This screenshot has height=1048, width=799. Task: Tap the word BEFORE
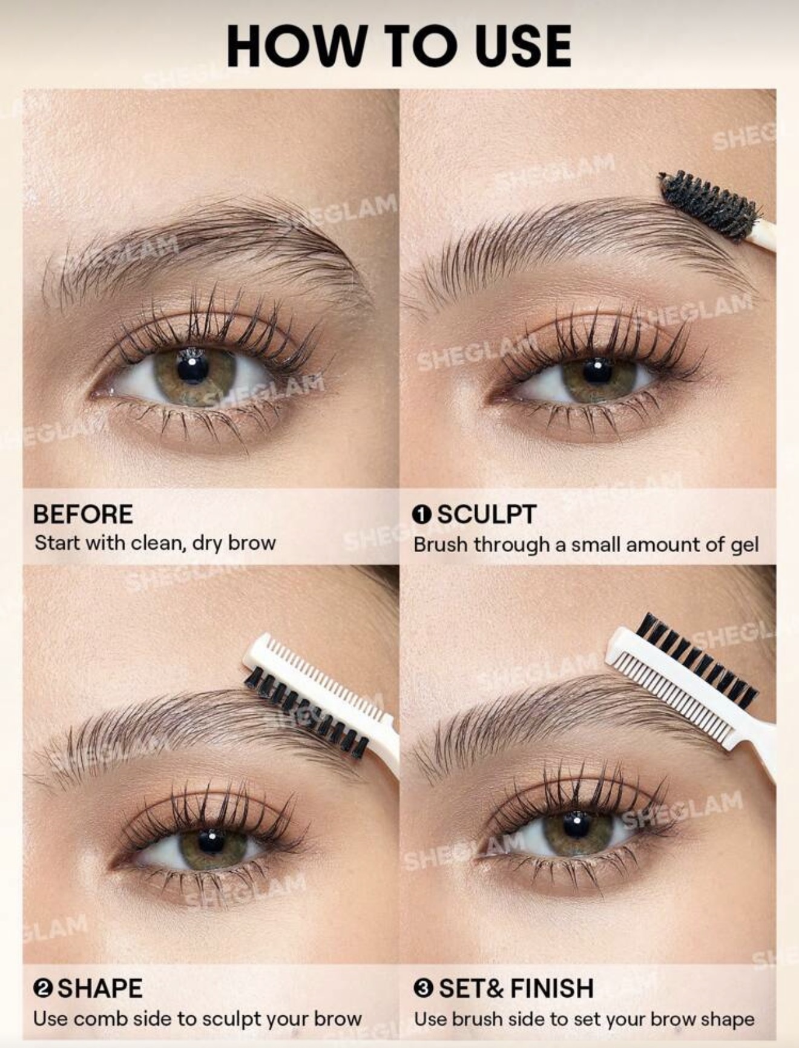pos(83,515)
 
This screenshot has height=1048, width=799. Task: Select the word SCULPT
pos(487,515)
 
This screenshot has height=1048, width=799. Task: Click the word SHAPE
pos(100,988)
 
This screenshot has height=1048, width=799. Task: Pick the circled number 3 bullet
pos(424,989)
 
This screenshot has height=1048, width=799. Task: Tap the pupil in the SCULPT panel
pos(597,371)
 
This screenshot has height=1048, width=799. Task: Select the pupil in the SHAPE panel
pos(211,840)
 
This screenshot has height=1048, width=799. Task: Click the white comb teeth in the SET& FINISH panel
pos(666,693)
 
